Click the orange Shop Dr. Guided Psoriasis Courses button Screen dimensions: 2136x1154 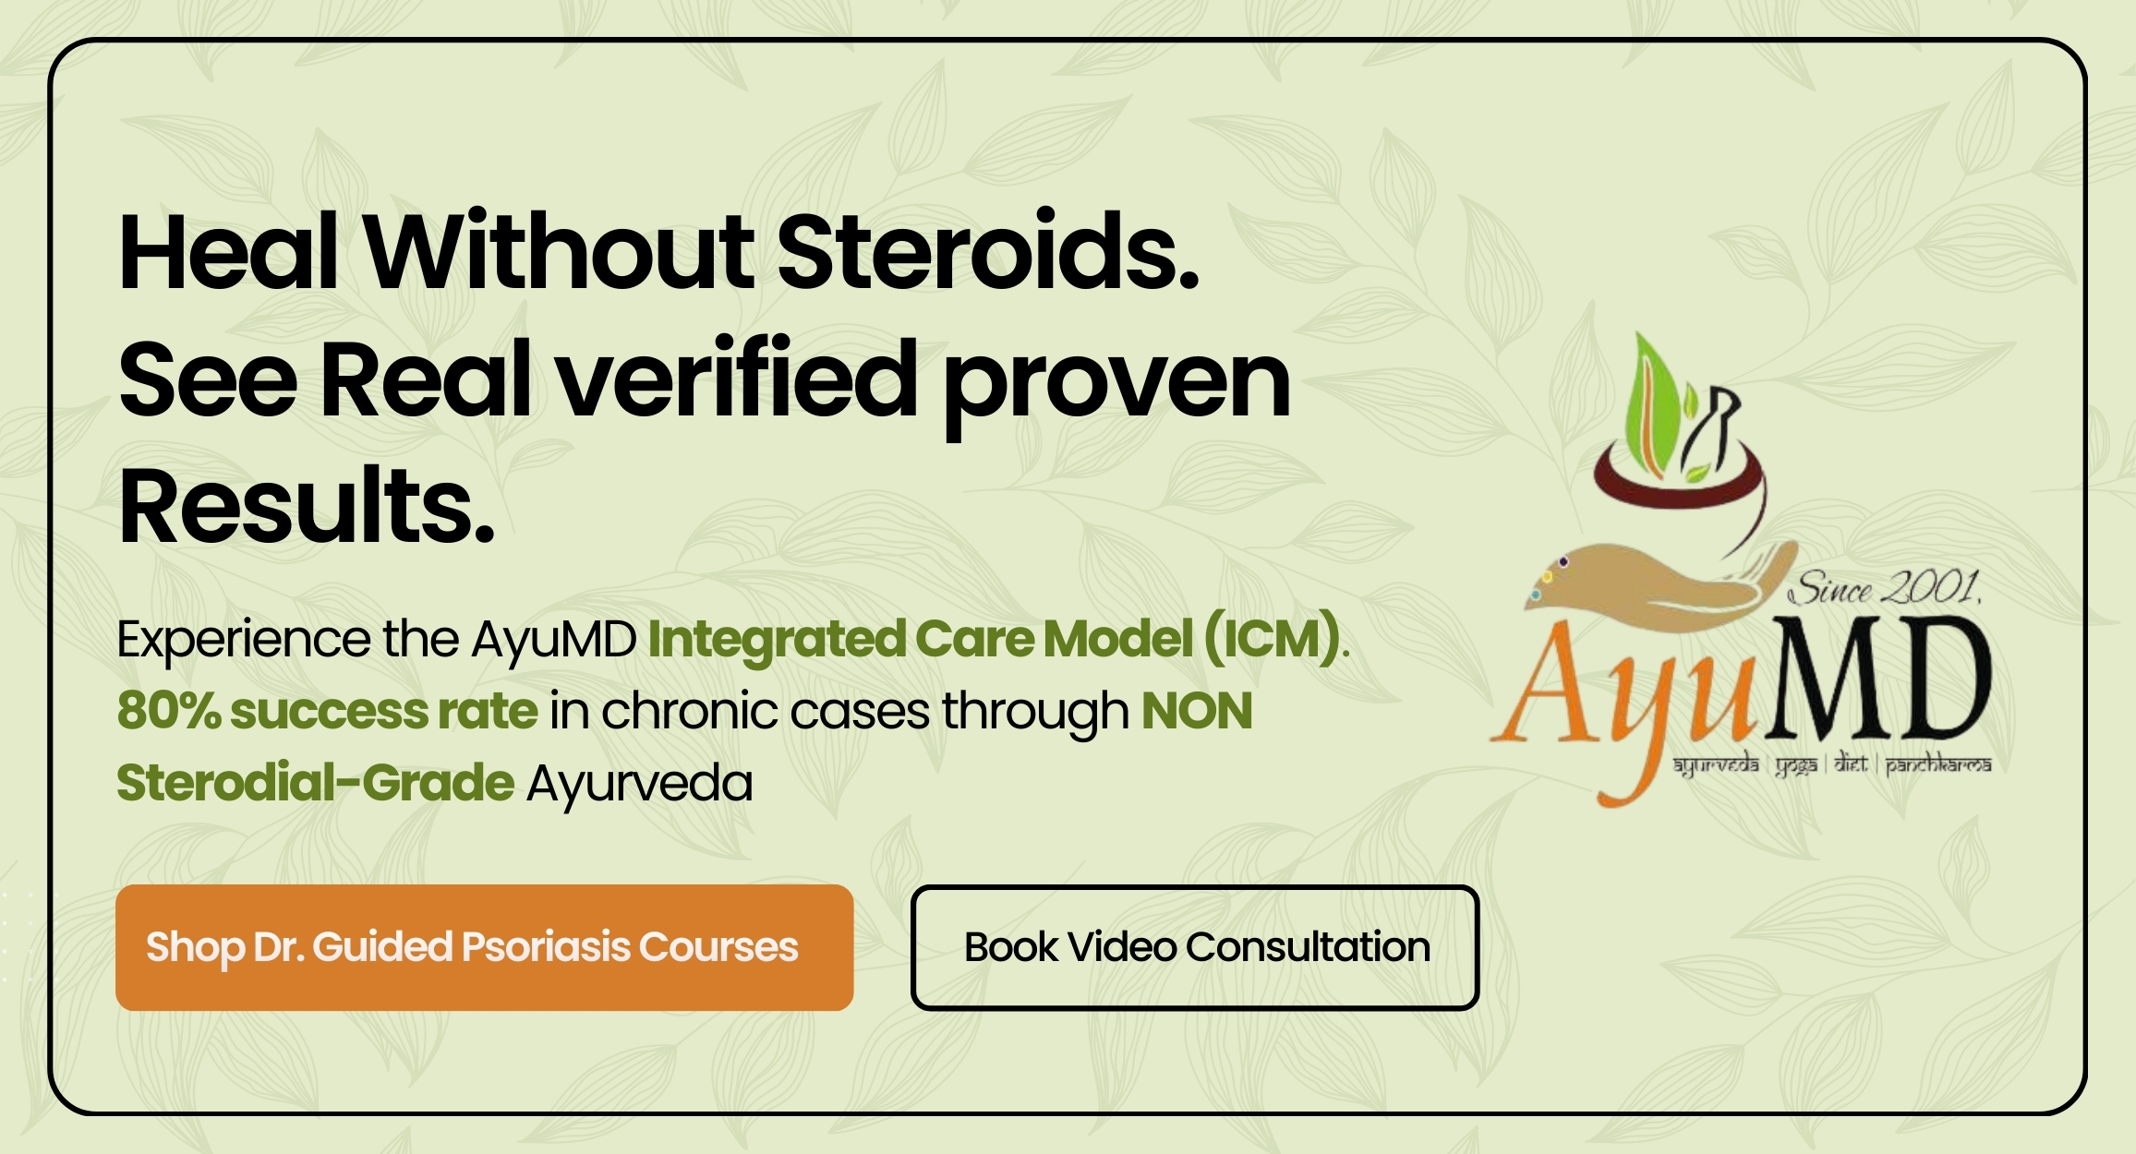point(484,947)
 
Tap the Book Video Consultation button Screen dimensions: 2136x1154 point(1195,947)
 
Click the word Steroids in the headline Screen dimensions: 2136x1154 point(987,251)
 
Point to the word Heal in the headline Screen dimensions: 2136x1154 point(228,251)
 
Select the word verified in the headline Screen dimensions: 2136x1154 point(737,379)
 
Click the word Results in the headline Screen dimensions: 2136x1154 point(307,506)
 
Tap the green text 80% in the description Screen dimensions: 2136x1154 point(169,711)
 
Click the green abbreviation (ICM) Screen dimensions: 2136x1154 point(1273,639)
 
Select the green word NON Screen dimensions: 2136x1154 point(1197,711)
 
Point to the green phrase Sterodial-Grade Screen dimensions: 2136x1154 point(315,783)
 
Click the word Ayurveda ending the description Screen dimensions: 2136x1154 point(639,785)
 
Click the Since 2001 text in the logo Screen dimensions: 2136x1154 point(1885,588)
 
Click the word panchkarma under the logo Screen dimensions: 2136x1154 point(1937,765)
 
